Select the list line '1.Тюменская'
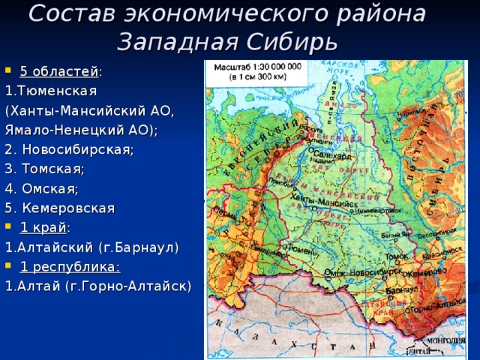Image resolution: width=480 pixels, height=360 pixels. [51, 91]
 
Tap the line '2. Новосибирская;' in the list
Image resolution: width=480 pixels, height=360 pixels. [69, 149]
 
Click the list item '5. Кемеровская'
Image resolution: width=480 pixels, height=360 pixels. [60, 208]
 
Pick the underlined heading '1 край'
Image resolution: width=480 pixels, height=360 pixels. [43, 227]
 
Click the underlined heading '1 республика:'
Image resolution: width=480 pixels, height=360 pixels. [70, 266]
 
